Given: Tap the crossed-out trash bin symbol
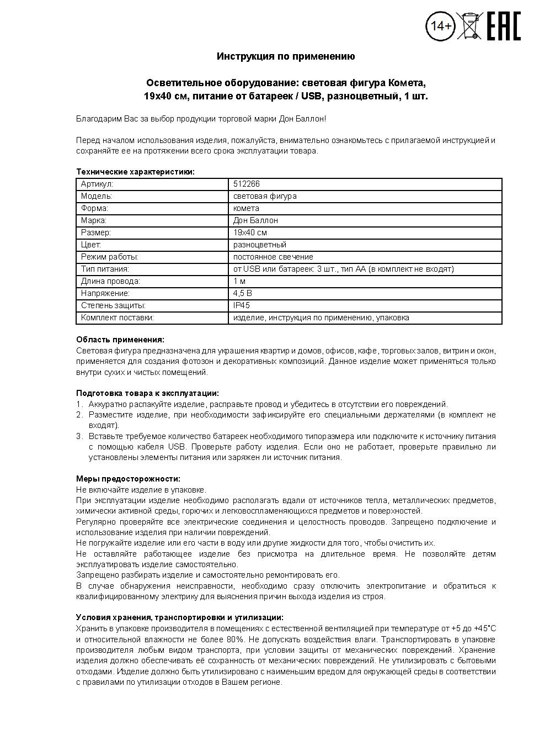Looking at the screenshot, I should [469, 25].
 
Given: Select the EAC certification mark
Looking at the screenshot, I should [503, 26].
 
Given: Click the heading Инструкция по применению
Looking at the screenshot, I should [285, 56].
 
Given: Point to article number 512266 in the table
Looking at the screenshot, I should [247, 184].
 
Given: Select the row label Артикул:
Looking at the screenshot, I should [97, 184].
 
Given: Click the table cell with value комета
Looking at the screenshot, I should [246, 208].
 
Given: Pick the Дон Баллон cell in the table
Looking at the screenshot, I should [255, 220].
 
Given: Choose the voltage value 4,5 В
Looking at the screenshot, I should [242, 293].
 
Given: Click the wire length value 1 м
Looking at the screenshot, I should [239, 281].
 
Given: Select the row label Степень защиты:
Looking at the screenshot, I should [113, 305].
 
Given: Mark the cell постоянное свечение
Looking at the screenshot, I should [273, 257].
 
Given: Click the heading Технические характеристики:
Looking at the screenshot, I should [135, 172].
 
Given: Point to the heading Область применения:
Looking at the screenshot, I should [120, 340].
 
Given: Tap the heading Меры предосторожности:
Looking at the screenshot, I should [128, 479].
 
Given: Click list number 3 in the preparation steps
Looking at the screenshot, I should [79, 436].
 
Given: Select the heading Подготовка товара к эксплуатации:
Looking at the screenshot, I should [147, 393].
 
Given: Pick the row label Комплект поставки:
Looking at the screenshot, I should [117, 318].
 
